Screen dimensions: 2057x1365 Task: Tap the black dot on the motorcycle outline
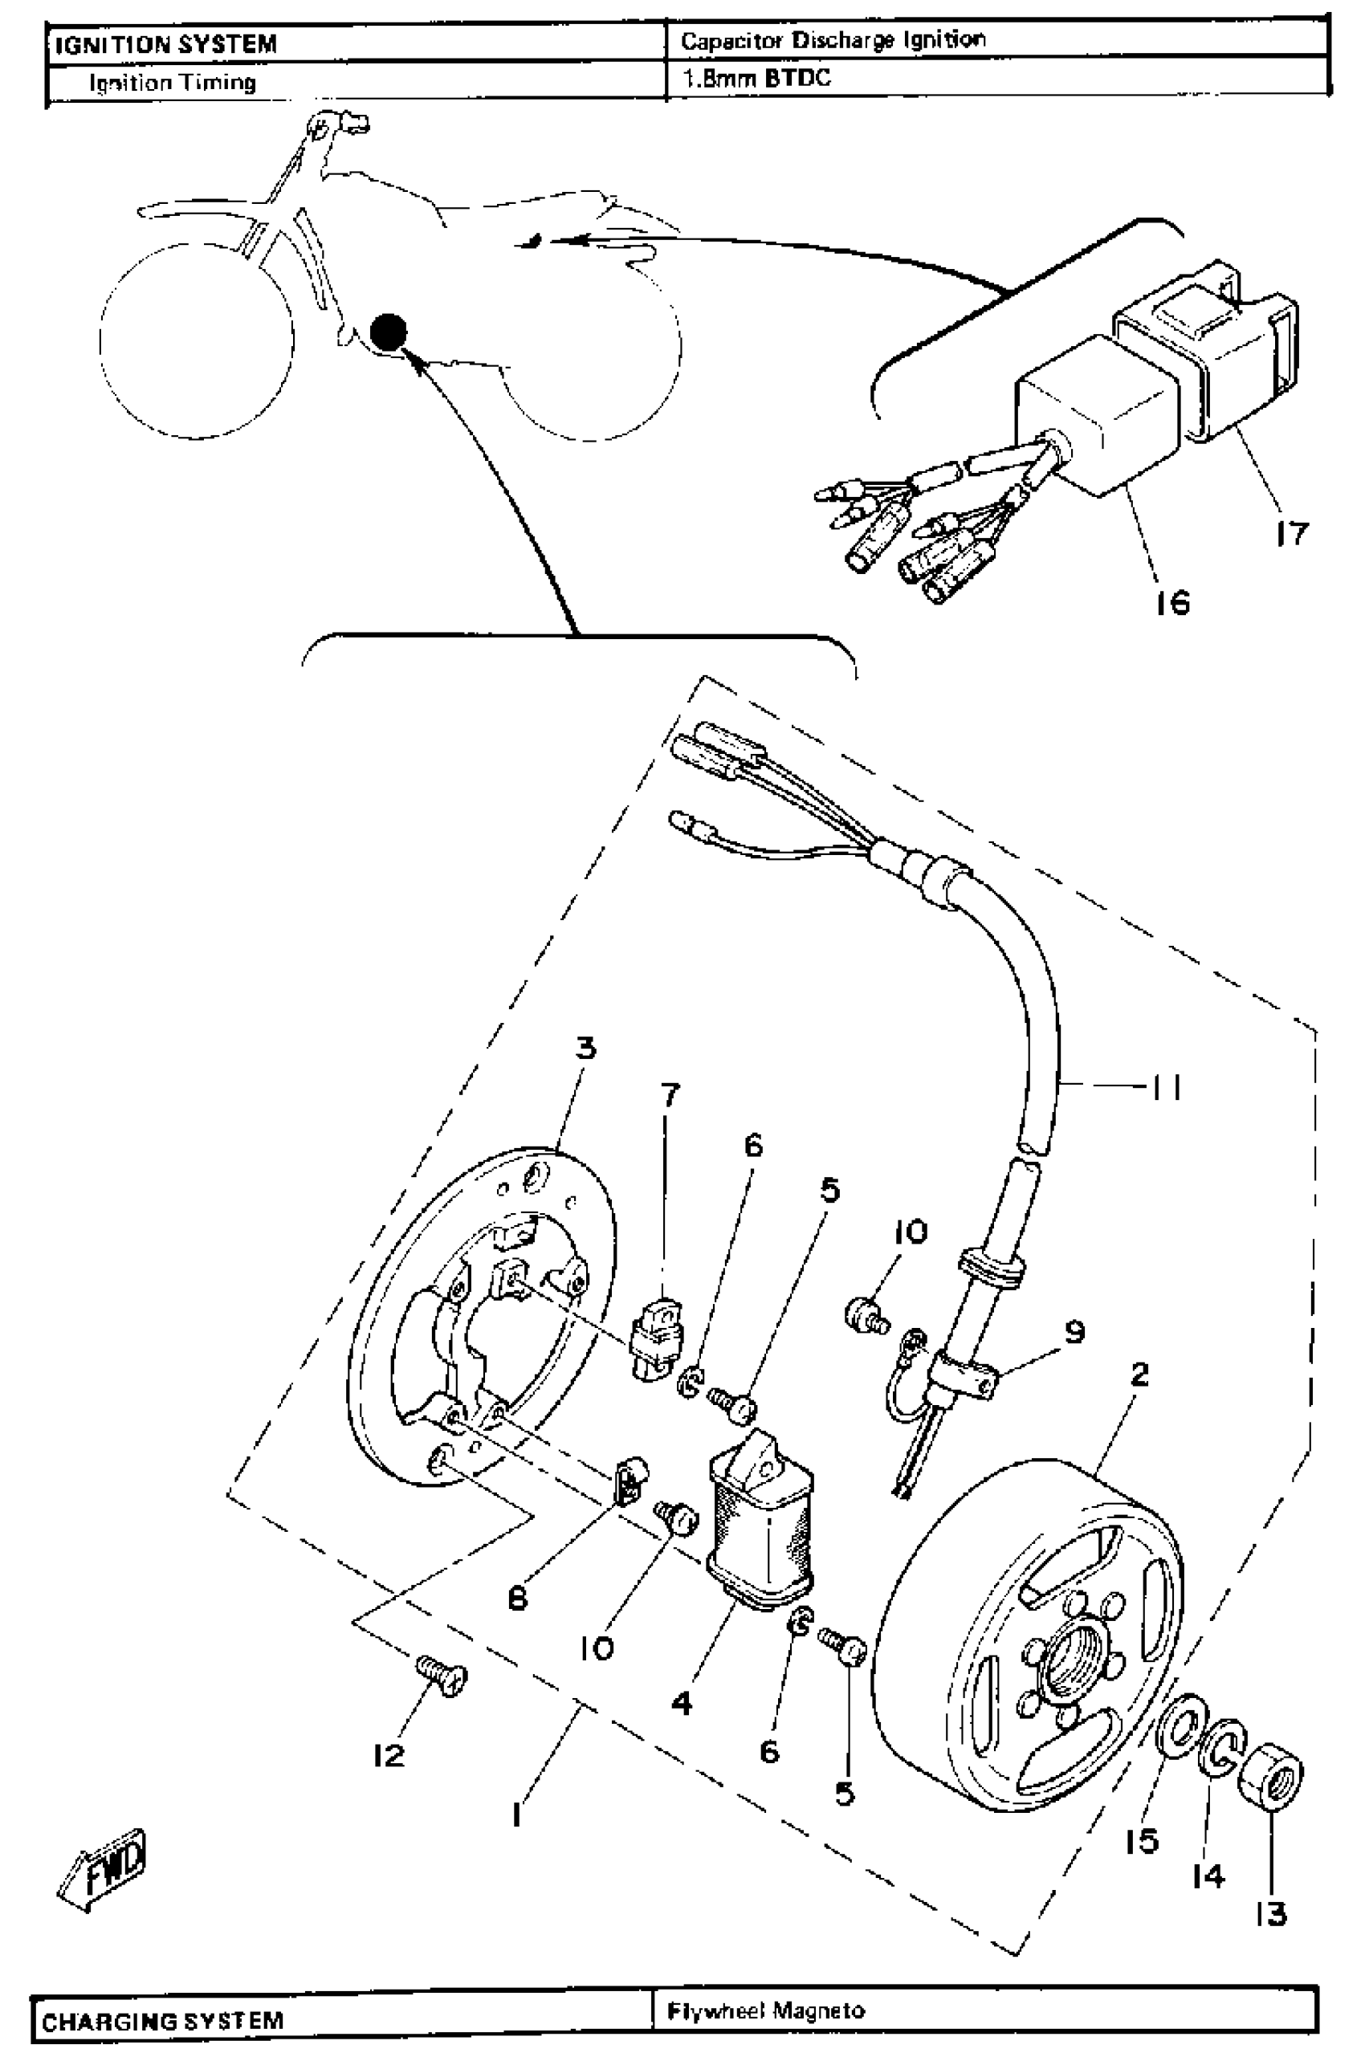coord(389,332)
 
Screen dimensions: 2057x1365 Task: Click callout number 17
coord(1292,533)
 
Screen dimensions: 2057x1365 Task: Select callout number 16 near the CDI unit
coord(1172,601)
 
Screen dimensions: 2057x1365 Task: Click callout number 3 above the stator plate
coord(586,1047)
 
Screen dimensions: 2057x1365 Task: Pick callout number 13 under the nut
coord(1271,1913)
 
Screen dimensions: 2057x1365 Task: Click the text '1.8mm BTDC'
coord(756,79)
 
